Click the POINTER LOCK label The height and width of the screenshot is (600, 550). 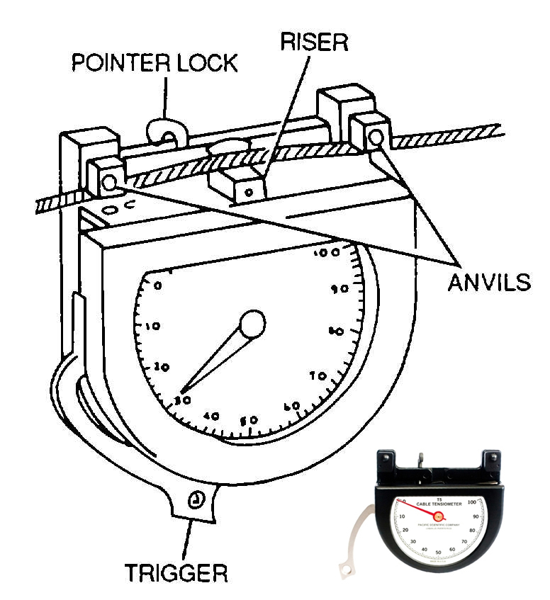point(154,63)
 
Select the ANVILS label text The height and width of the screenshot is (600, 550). point(488,281)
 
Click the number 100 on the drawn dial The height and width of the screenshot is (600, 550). point(329,253)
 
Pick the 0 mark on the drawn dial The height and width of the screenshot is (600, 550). point(157,286)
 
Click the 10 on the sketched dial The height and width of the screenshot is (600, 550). point(152,327)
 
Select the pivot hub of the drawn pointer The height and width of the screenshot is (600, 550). point(252,324)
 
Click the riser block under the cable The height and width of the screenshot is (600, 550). point(237,186)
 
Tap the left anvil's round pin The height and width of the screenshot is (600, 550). point(108,183)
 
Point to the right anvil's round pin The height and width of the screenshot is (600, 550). point(375,135)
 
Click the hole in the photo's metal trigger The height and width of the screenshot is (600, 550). point(345,569)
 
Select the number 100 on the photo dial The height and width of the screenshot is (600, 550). point(471,502)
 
